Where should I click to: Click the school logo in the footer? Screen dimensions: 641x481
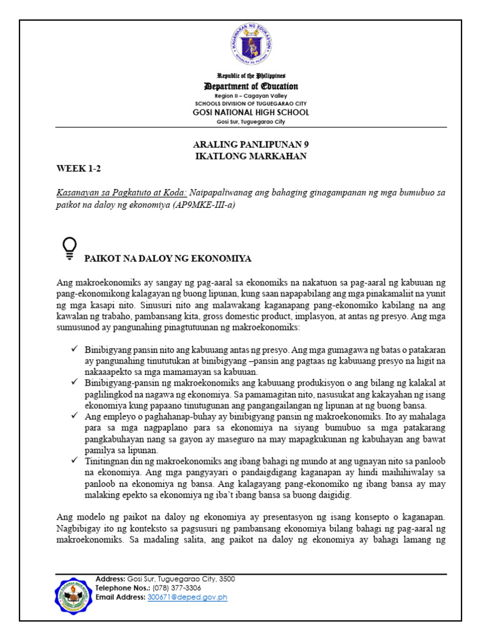click(73, 597)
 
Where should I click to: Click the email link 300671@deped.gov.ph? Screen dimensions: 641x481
click(187, 598)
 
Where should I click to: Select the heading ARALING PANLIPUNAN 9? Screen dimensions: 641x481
click(251, 145)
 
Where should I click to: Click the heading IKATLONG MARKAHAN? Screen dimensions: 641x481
click(251, 156)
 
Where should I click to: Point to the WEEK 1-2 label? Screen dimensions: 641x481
click(77, 168)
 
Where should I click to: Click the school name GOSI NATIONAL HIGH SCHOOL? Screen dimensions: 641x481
click(250, 113)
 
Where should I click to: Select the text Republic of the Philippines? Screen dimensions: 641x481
click(250, 75)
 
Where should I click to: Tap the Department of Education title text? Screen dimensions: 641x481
click(250, 86)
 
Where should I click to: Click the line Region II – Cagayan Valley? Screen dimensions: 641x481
click(250, 96)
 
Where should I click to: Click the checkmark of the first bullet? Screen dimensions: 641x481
click(74, 347)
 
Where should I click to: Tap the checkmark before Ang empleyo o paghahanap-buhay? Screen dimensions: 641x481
click(74, 415)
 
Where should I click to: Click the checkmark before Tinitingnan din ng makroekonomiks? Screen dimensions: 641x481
click(74, 460)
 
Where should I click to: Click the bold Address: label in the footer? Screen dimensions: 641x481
click(110, 579)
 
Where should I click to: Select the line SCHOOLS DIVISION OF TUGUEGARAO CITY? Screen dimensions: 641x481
click(250, 103)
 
